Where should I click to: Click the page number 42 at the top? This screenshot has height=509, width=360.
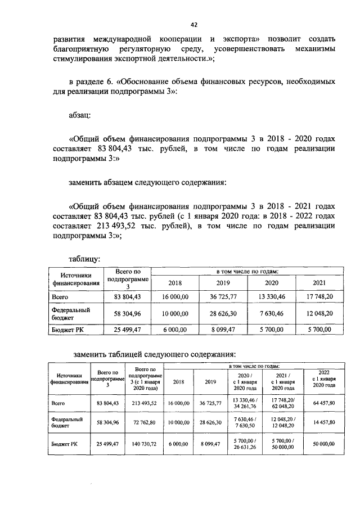point(194,25)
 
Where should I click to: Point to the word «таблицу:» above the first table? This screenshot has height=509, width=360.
point(84,259)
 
